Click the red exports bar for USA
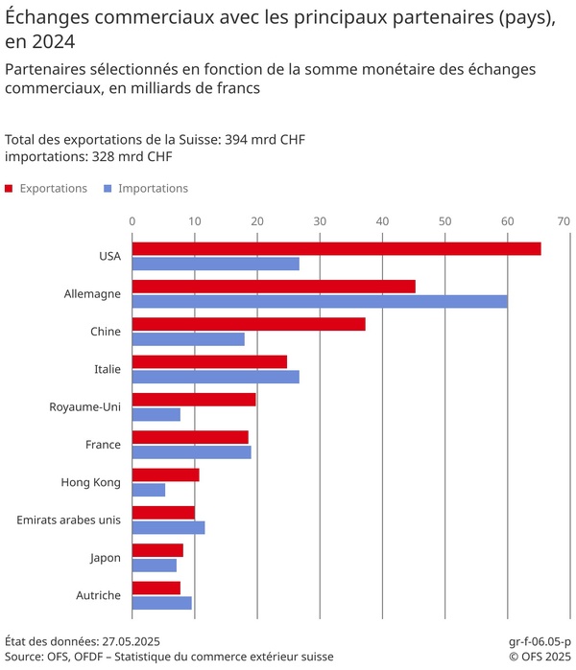[x=336, y=248]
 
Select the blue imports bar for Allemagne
[x=320, y=301]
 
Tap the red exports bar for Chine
[x=249, y=324]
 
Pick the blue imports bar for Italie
[x=215, y=377]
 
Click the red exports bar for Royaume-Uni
[x=194, y=400]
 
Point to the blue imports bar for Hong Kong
[x=149, y=490]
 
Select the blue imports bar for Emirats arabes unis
[x=168, y=527]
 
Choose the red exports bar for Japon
[x=157, y=550]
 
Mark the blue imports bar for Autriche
[x=161, y=603]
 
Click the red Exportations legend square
[x=9, y=189]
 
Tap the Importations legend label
[x=153, y=189]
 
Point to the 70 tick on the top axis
[x=564, y=221]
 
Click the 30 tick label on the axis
[x=320, y=221]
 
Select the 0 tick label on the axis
[x=132, y=221]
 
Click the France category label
[x=102, y=445]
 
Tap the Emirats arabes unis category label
[x=69, y=520]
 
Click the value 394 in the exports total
[x=237, y=140]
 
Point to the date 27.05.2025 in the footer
[x=125, y=640]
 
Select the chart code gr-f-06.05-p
[x=539, y=640]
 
